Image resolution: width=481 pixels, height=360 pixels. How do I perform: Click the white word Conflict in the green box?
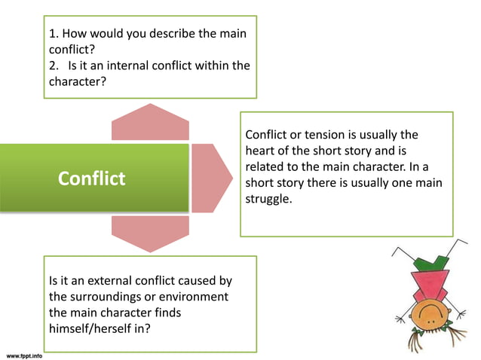coord(92,179)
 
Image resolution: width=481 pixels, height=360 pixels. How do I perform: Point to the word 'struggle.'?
coord(268,200)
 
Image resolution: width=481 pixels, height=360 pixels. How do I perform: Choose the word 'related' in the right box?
coord(265,166)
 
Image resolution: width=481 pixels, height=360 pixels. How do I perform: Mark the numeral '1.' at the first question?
coord(54,34)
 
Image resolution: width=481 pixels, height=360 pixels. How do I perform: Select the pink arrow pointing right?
coord(211,178)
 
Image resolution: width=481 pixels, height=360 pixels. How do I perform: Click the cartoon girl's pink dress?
coord(425,282)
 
